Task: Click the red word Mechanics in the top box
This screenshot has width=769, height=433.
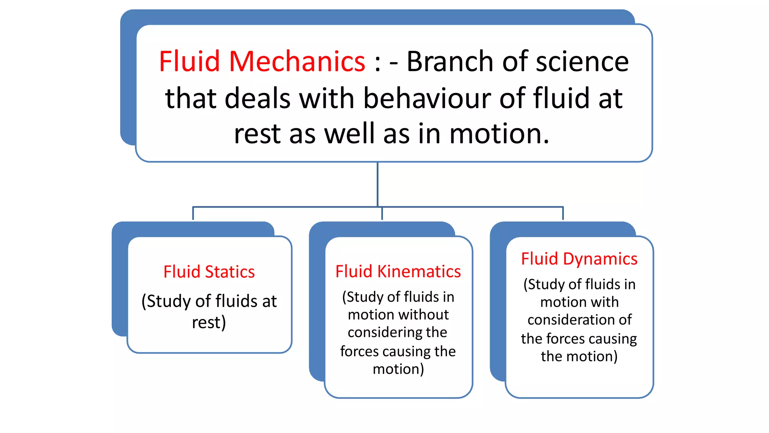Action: tap(297, 61)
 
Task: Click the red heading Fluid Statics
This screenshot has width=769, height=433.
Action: tap(209, 272)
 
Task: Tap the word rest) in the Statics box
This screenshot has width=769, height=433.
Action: tap(209, 322)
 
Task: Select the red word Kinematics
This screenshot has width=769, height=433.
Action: tap(419, 271)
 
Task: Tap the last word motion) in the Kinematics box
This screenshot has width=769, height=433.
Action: tap(398, 369)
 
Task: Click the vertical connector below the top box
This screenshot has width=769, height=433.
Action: tap(377, 184)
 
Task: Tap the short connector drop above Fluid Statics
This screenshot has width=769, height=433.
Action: tap(193, 213)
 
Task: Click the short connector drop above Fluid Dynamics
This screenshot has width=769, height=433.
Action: tap(563, 213)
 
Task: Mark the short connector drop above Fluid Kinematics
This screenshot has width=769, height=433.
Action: tap(382, 213)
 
